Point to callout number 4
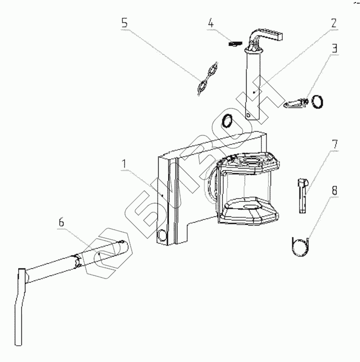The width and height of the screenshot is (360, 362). (x=211, y=23)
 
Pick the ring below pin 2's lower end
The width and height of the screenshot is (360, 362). (x=227, y=121)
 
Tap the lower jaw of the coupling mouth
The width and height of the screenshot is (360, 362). (x=249, y=210)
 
